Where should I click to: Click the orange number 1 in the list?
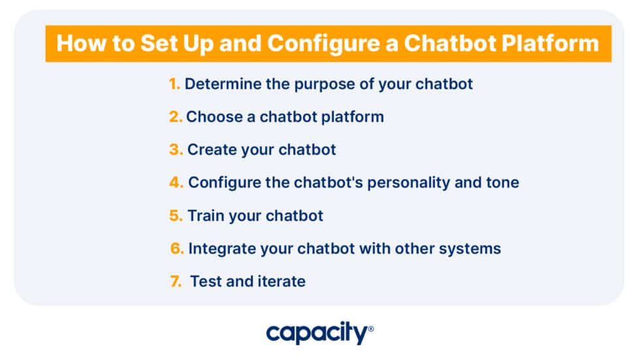(x=174, y=84)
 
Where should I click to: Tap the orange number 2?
(x=175, y=117)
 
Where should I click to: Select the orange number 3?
(x=176, y=150)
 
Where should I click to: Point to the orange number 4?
(x=176, y=182)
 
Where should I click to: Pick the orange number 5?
(x=176, y=216)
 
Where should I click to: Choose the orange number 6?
(x=177, y=249)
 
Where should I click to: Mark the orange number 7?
(x=176, y=282)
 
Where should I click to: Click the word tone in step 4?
(x=501, y=182)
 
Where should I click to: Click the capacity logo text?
(x=317, y=334)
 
